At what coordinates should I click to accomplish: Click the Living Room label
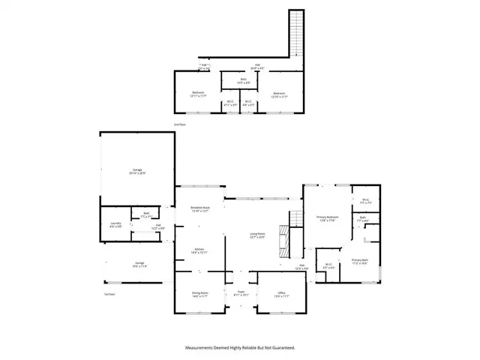click(258, 235)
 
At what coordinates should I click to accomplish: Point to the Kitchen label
click(199, 250)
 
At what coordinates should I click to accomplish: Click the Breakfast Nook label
click(199, 209)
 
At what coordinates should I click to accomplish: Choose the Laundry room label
click(115, 224)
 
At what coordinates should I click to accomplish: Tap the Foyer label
click(241, 293)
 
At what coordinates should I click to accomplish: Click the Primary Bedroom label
click(327, 217)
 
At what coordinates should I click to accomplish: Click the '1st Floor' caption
click(109, 295)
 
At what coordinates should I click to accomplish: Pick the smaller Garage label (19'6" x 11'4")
click(119, 263)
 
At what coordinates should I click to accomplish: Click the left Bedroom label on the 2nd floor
click(197, 94)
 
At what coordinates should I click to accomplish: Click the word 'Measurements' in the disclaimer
click(201, 348)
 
